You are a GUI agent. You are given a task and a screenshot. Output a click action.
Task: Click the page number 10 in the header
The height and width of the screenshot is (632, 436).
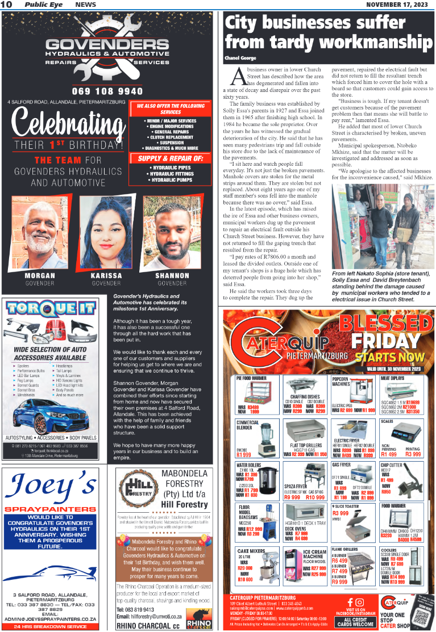pos(7,5)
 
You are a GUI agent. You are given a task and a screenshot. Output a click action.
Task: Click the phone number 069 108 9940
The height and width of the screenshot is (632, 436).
pos(107,91)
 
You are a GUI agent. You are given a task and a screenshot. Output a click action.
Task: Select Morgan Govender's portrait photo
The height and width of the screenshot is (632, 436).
pos(39,233)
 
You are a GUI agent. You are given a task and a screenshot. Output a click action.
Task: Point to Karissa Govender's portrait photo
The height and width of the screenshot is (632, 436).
pos(106,233)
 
